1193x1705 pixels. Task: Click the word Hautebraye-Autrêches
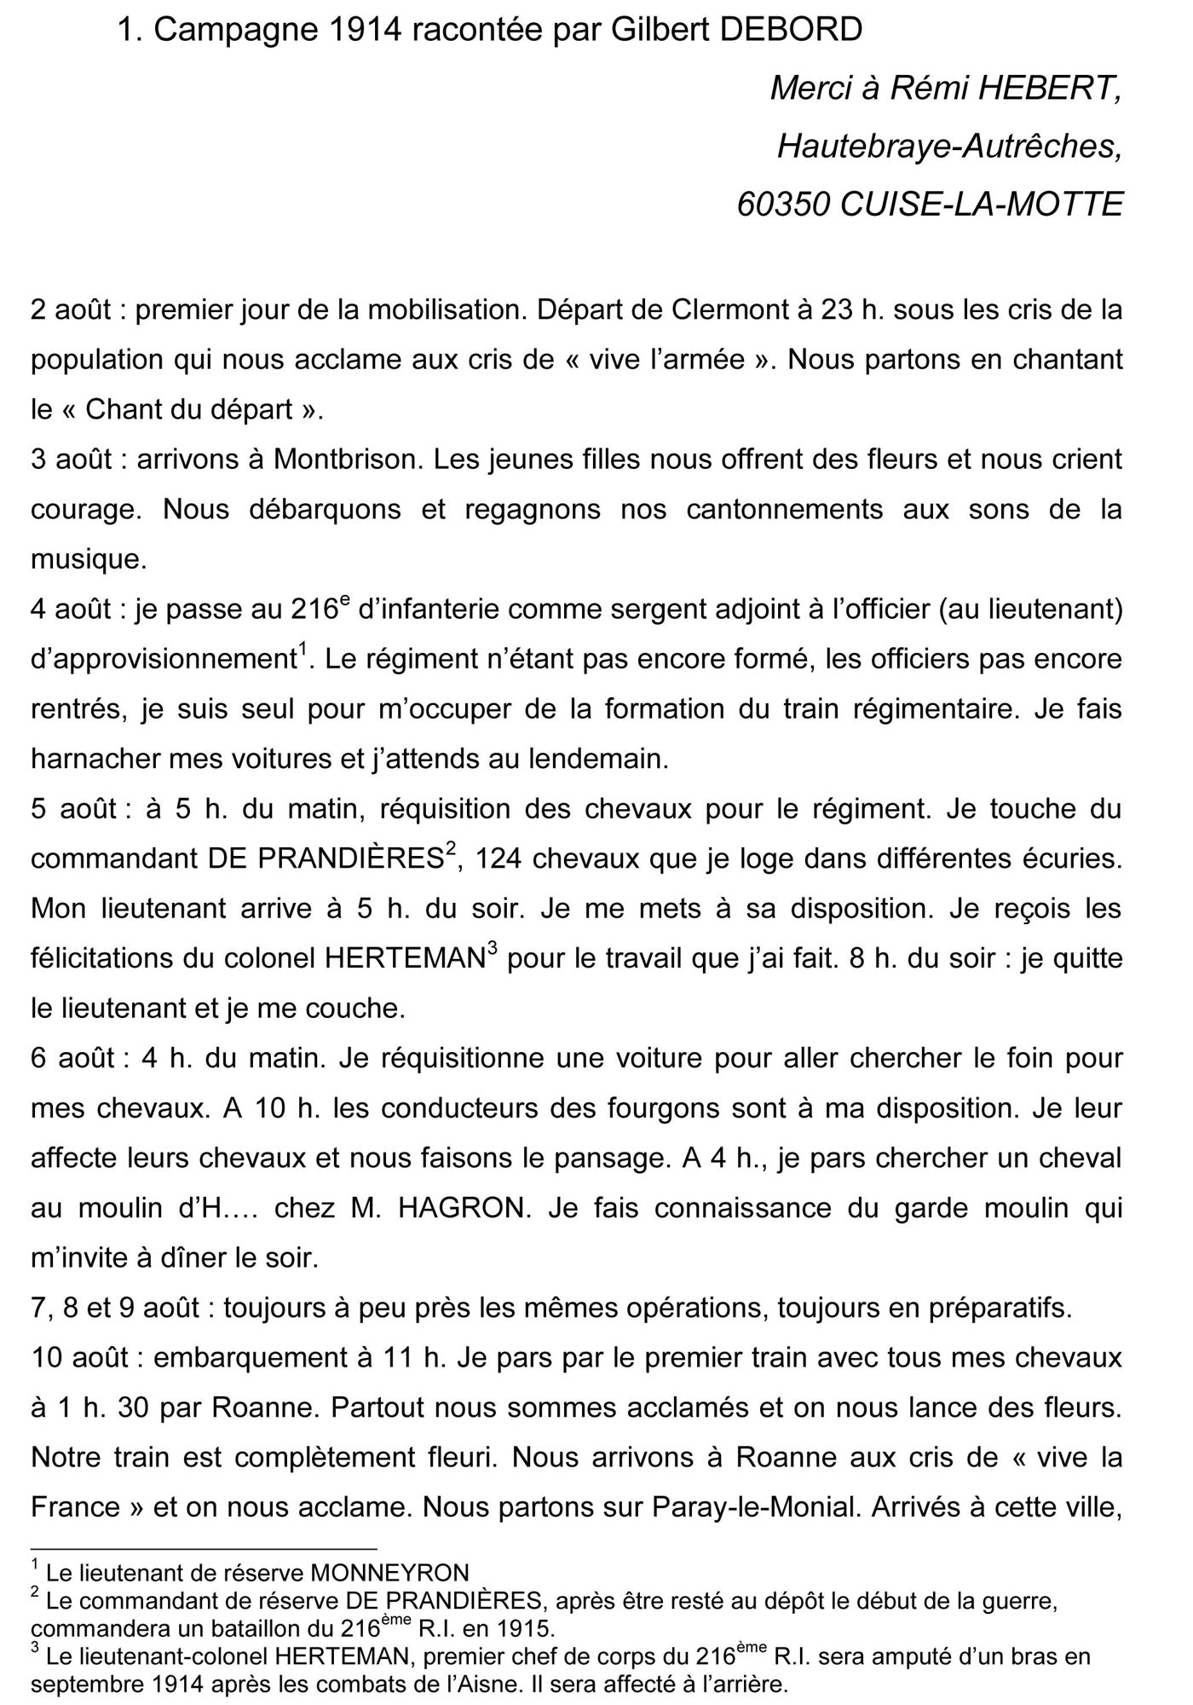pos(949,147)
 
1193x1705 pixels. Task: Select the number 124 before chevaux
pos(501,858)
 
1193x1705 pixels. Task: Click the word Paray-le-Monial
pos(754,1507)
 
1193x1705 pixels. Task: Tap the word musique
pos(89,559)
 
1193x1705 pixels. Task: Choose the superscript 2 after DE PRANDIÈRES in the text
pos(451,849)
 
